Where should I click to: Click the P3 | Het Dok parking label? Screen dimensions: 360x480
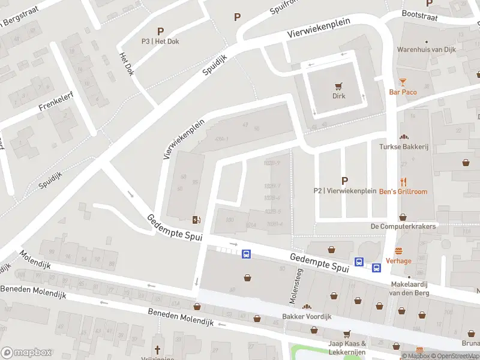(160, 41)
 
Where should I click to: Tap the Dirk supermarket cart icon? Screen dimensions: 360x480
(340, 86)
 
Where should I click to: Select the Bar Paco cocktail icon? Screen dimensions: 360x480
(403, 82)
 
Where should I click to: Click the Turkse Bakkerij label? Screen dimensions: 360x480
(403, 146)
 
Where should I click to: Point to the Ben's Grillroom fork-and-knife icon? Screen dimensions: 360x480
(403, 182)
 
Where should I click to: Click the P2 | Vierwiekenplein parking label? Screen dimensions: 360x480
(344, 191)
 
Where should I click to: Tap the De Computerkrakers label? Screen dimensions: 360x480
(403, 226)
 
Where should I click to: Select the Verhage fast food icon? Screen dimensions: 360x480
(398, 251)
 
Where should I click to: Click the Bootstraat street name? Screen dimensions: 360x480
(418, 13)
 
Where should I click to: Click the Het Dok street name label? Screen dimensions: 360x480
(127, 63)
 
